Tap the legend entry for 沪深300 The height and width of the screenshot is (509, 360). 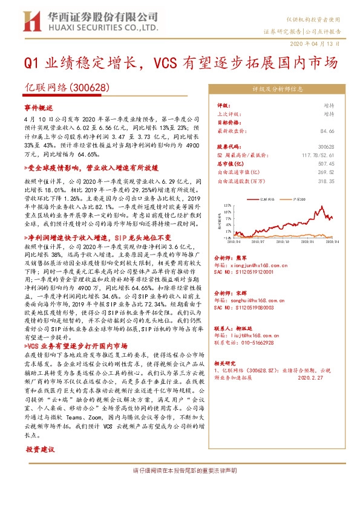click(298, 198)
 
